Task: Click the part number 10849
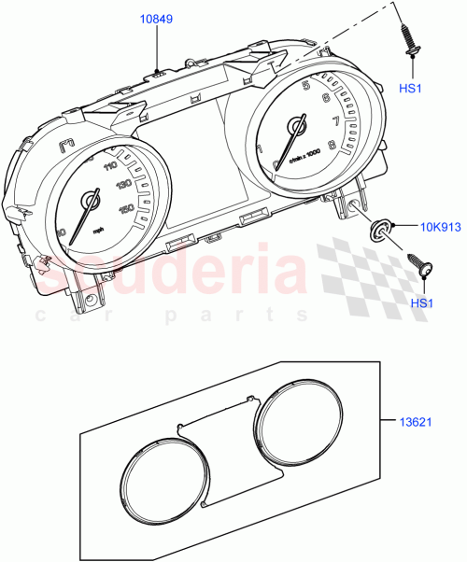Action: click(x=156, y=19)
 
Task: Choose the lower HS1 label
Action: click(x=422, y=303)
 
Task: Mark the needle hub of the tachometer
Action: click(x=298, y=124)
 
